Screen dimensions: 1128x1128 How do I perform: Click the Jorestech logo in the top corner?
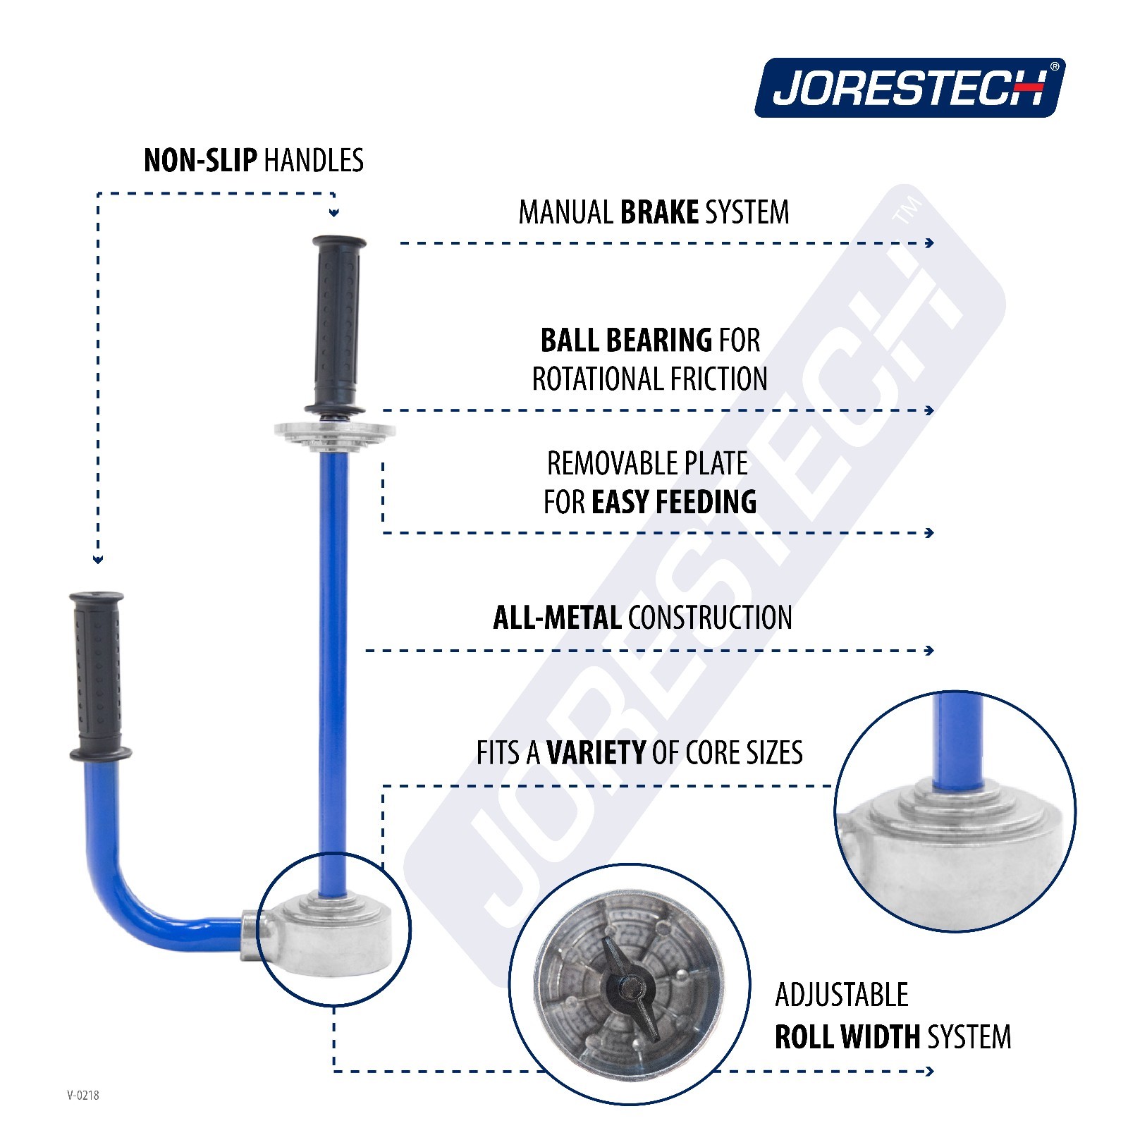coord(909,87)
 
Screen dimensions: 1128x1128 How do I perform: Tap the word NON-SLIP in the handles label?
coord(200,161)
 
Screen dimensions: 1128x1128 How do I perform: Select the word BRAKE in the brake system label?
coord(659,212)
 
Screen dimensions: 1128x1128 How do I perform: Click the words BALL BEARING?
coord(626,341)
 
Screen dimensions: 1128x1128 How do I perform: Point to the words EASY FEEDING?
coord(674,502)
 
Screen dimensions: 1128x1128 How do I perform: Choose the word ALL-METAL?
coord(556,618)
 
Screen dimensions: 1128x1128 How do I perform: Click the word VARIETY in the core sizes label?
coord(596,753)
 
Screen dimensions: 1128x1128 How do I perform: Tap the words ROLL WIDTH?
coord(847,1037)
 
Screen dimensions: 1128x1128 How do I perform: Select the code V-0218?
coord(83,1095)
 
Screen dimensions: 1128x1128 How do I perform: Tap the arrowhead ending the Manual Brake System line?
coord(930,243)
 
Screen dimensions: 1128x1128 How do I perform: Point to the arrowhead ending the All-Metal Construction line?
coord(930,650)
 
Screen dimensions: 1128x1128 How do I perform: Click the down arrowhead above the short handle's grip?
coord(98,560)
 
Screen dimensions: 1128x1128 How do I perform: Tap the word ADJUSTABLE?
coord(842,995)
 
